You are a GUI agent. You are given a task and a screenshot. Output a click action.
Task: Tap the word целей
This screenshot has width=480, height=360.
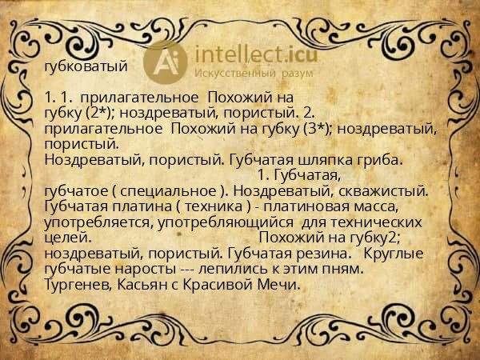[x=66, y=238]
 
